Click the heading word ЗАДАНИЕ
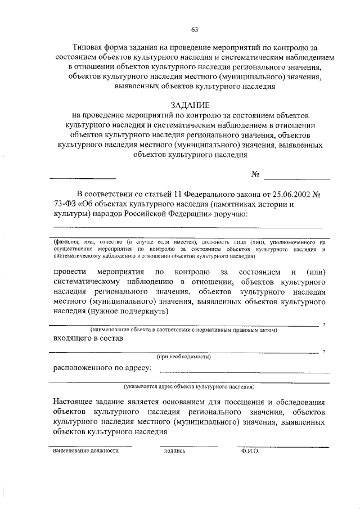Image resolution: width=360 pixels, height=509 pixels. click(194, 105)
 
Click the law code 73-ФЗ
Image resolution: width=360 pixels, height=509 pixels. click(65, 204)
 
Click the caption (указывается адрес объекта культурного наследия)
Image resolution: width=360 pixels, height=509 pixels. click(189, 387)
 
